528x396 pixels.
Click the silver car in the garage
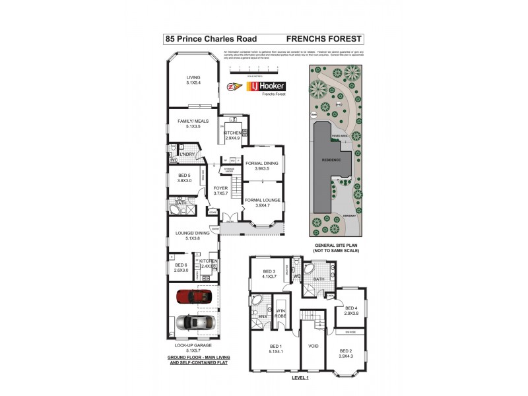[196, 322]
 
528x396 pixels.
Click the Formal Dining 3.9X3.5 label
[262, 166]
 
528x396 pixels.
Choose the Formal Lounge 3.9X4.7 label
[262, 202]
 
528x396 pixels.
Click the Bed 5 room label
[184, 178]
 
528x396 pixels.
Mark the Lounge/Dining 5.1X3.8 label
[192, 235]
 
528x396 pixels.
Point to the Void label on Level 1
[313, 346]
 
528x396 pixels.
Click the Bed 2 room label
[346, 353]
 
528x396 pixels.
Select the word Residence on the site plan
[331, 160]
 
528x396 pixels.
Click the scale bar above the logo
[254, 69]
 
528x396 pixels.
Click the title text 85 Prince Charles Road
[211, 39]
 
